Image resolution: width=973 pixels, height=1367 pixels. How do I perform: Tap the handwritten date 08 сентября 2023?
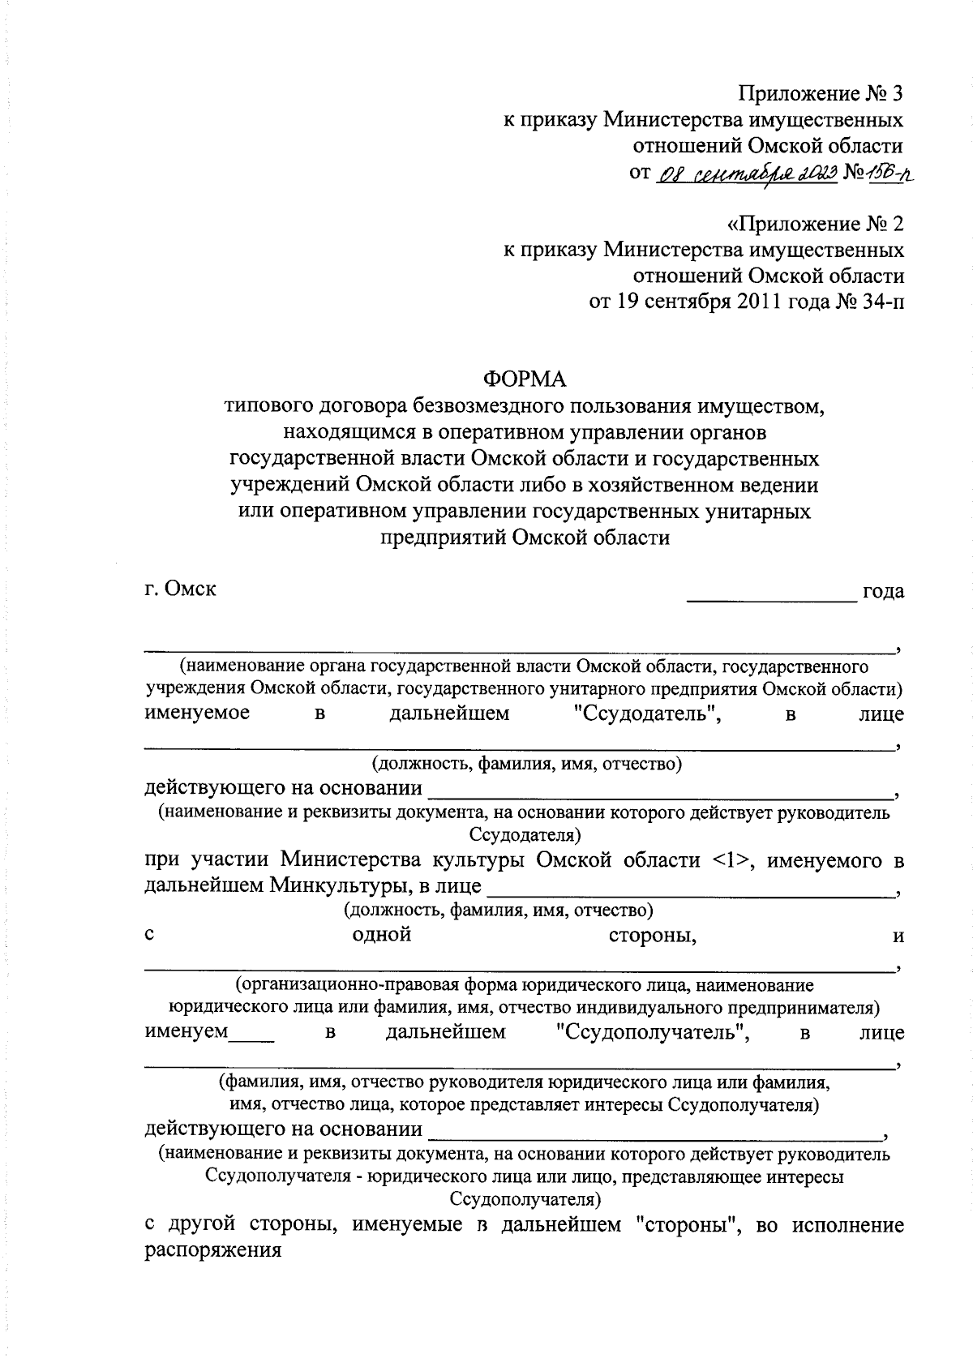click(744, 173)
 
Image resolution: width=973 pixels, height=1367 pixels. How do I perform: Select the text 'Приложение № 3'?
click(821, 94)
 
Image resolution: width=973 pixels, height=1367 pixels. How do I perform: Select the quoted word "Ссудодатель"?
click(641, 713)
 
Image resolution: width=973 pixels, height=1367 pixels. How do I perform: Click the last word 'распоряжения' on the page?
click(212, 1250)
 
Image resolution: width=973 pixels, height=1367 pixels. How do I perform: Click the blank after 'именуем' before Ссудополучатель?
click(252, 1039)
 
